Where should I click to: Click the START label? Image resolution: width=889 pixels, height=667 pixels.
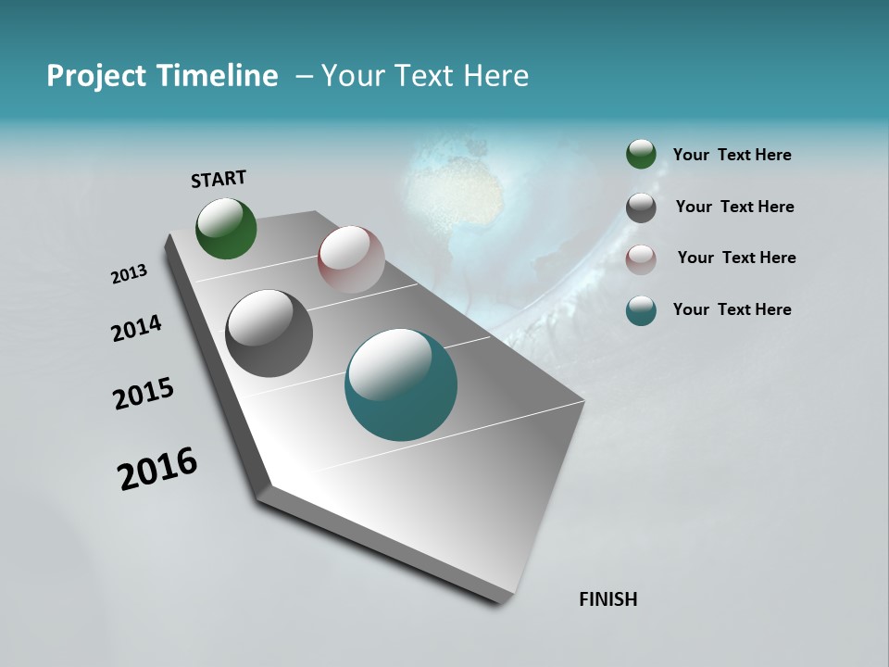[x=219, y=179]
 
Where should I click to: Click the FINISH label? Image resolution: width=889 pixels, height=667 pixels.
[x=608, y=599]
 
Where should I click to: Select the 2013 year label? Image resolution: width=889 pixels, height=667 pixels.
[x=130, y=274]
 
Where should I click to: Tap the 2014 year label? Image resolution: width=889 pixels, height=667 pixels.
[x=137, y=328]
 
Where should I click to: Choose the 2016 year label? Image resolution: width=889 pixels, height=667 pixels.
[x=157, y=469]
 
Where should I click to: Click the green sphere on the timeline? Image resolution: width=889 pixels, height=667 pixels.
[x=226, y=228]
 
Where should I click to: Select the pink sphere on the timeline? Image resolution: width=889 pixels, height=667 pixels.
[x=351, y=259]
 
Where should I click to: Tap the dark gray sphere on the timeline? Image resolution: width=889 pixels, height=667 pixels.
[x=269, y=333]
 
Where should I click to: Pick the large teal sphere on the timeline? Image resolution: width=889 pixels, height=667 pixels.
[x=401, y=384]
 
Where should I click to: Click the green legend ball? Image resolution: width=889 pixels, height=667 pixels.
[x=641, y=155]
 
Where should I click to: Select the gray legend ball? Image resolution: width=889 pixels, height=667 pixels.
[x=641, y=208]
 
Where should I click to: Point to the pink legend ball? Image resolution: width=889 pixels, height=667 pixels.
[x=641, y=258]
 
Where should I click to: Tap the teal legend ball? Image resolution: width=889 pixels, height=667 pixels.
[x=641, y=310]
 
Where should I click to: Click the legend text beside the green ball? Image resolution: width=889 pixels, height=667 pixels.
[x=732, y=156]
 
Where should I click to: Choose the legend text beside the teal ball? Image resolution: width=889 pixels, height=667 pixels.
[x=732, y=309]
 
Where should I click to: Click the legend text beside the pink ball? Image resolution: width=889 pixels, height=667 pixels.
[x=736, y=258]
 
